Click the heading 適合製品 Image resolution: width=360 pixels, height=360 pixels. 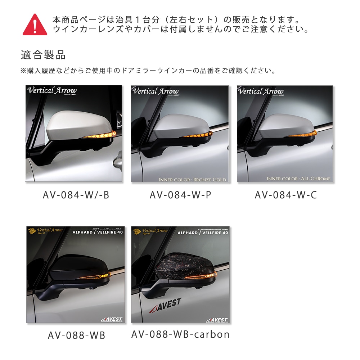point(43,55)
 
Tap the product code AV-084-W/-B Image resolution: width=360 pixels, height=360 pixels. point(76,195)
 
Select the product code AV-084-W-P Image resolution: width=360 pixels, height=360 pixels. point(180,195)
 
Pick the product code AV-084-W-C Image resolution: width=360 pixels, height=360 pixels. point(286,195)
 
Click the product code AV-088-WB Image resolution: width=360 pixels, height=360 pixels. point(76,335)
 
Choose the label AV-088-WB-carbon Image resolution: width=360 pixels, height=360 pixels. point(180,334)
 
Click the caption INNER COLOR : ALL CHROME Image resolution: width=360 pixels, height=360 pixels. point(298,179)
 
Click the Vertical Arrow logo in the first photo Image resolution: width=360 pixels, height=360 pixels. point(52,90)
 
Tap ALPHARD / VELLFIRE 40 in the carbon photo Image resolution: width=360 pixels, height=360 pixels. point(203,233)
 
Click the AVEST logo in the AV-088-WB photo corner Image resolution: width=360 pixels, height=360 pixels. point(112,319)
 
